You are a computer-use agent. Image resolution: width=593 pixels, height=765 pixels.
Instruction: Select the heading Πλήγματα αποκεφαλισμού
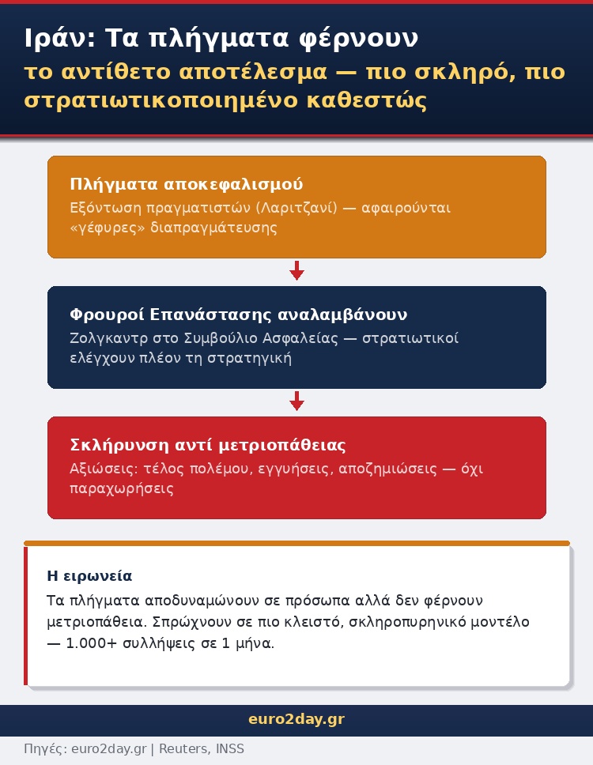click(187, 184)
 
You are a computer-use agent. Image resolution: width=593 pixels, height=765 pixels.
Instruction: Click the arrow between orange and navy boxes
click(296, 271)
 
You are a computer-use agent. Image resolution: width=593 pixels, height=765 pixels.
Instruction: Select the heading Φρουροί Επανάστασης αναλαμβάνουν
click(239, 315)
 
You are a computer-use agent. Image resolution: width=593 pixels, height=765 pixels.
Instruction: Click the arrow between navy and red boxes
click(296, 401)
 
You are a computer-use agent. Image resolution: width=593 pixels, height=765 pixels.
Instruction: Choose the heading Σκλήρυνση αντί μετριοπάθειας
click(208, 445)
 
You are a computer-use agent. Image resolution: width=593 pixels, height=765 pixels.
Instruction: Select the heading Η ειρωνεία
click(89, 576)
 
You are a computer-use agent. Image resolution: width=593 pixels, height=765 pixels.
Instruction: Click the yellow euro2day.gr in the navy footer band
click(296, 720)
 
